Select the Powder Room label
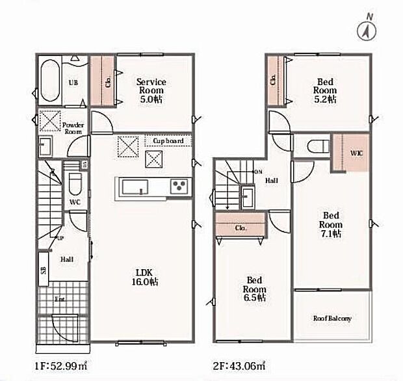pyautogui.click(x=72, y=127)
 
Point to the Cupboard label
pyautogui.click(x=168, y=140)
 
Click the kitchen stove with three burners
pyautogui.click(x=179, y=187)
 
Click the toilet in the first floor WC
pyautogui.click(x=74, y=184)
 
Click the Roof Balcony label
pyautogui.click(x=332, y=319)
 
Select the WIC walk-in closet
pyautogui.click(x=351, y=153)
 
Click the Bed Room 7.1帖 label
pyautogui.click(x=331, y=224)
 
